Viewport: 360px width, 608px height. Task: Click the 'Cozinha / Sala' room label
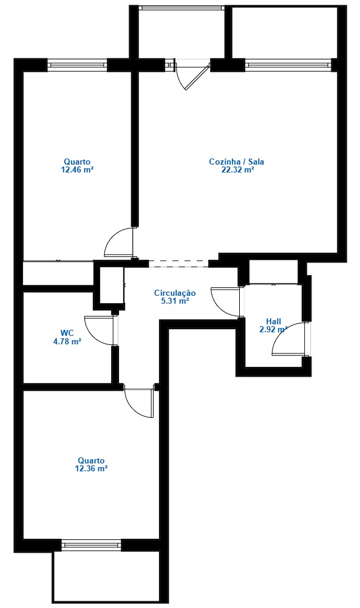coord(236,162)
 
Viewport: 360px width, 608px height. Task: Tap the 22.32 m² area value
coord(237,170)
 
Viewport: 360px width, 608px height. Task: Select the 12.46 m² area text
coord(76,170)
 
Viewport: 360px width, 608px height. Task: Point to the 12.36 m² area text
coord(91,468)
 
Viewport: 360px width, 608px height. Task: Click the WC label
coord(67,333)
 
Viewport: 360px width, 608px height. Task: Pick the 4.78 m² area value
coord(67,341)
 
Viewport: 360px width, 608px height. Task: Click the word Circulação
coord(175,292)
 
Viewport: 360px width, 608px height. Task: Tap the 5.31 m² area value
coord(175,300)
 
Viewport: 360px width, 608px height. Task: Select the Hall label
coord(273,321)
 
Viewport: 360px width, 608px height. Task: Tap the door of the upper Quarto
coord(118,242)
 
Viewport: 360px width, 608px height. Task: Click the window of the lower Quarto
coord(91,545)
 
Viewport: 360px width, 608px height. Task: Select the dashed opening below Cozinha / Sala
coord(178,264)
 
